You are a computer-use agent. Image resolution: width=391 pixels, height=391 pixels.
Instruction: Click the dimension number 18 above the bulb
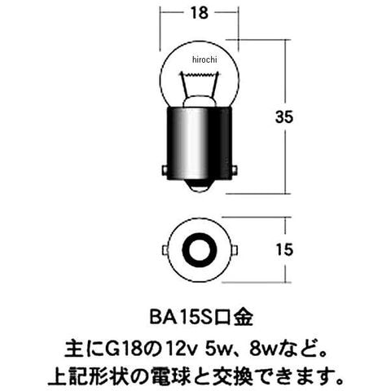[200, 13]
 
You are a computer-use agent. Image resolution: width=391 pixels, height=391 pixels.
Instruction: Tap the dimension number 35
[284, 117]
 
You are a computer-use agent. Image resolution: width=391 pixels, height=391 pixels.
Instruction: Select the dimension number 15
[284, 249]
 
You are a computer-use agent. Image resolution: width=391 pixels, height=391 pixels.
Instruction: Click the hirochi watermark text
[204, 59]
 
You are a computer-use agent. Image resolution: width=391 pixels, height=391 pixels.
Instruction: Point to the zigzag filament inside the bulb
[199, 74]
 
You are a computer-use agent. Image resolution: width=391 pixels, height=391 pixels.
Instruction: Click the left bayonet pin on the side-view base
[164, 170]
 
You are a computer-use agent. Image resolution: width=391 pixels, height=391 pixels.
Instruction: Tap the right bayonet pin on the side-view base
[235, 170]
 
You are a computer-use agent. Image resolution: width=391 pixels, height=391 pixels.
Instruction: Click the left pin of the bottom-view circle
[165, 250]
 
